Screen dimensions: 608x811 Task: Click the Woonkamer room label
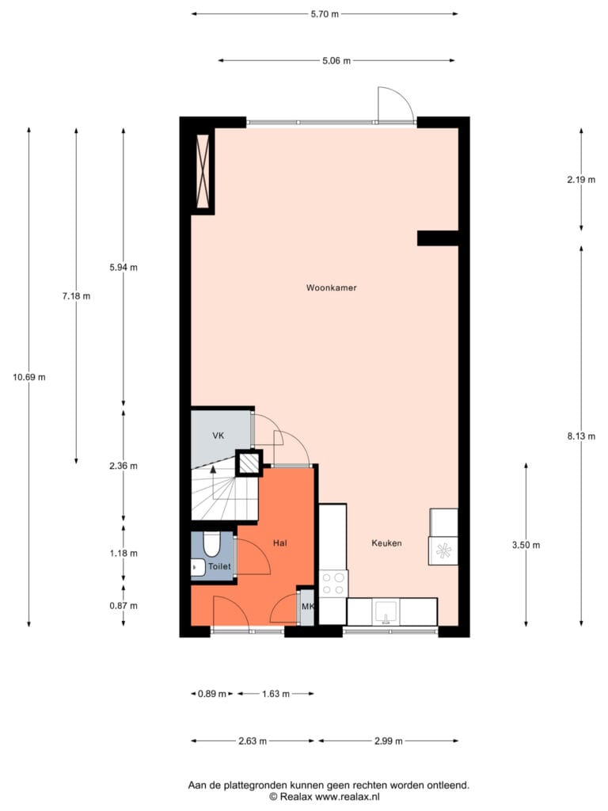point(332,287)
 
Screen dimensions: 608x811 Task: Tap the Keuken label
point(386,543)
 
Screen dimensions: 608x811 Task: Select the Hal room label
point(280,543)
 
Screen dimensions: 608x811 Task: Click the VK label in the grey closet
point(218,436)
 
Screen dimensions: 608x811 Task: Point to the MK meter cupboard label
point(308,606)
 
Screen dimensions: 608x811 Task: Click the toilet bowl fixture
point(211,543)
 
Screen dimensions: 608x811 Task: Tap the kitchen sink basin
point(386,612)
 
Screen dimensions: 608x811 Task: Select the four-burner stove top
point(333,584)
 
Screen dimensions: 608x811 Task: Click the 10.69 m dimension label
point(29,377)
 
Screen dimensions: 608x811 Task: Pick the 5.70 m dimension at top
point(325,14)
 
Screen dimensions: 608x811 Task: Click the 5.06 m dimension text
point(336,60)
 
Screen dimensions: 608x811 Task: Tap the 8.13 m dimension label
point(581,436)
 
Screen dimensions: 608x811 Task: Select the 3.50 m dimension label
point(526,545)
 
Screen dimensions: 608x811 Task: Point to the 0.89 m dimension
point(212,694)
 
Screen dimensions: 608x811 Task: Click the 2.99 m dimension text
point(388,741)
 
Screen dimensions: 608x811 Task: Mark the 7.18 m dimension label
point(76,296)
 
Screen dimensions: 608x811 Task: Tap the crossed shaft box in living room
point(203,168)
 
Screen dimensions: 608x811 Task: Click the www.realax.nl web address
point(348,797)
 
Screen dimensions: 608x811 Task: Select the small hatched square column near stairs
point(249,463)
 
